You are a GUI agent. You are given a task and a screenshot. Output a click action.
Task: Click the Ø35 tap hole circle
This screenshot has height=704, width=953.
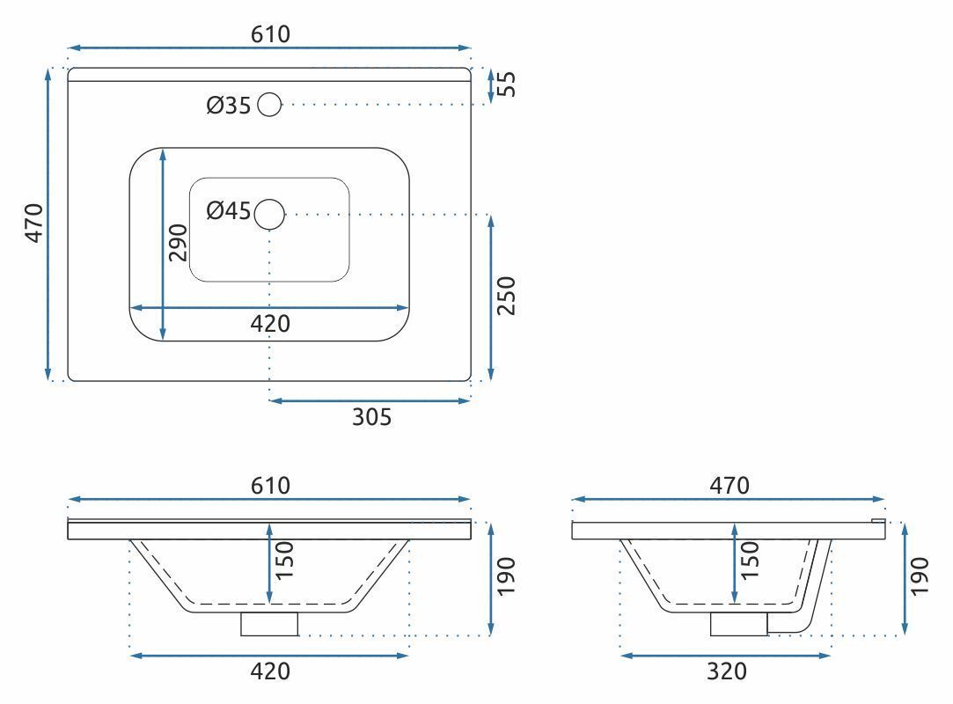click(270, 105)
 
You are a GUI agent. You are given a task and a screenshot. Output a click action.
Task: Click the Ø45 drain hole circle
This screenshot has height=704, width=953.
click(270, 213)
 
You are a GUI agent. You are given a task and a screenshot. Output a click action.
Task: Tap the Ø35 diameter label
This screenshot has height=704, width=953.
click(229, 106)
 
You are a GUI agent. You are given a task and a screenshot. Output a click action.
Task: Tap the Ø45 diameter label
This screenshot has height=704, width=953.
click(229, 212)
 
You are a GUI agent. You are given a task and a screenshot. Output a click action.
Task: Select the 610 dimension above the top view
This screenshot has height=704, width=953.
click(270, 34)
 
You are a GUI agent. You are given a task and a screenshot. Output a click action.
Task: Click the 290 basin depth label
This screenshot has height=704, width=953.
click(179, 242)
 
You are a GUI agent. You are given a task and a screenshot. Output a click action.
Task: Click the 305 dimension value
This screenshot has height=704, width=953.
click(371, 417)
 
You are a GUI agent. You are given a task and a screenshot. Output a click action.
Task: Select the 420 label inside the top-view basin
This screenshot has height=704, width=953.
click(270, 324)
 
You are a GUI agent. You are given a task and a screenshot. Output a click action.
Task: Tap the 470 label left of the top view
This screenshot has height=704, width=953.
click(33, 224)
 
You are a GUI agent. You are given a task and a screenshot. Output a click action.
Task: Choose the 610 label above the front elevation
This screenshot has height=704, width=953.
click(270, 485)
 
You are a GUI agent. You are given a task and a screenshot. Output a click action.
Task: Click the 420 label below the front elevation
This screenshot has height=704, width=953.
click(270, 671)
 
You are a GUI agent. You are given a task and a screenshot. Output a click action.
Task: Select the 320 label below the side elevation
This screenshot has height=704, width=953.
click(727, 671)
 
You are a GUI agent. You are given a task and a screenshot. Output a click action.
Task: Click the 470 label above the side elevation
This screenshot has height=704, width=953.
click(729, 485)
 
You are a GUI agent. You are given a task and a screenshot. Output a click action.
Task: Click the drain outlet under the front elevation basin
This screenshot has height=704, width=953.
click(269, 623)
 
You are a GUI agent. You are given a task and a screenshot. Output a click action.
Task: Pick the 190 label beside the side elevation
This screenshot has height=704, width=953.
click(920, 576)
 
